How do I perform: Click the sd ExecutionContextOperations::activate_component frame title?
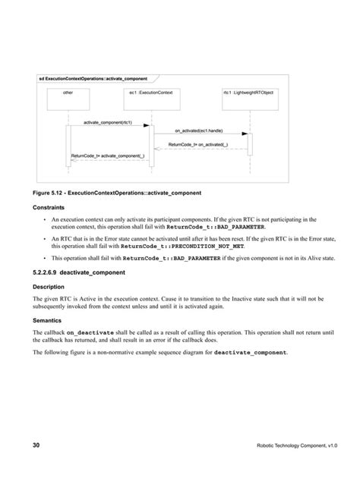[93, 78]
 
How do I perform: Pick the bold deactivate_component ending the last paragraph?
[250, 354]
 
